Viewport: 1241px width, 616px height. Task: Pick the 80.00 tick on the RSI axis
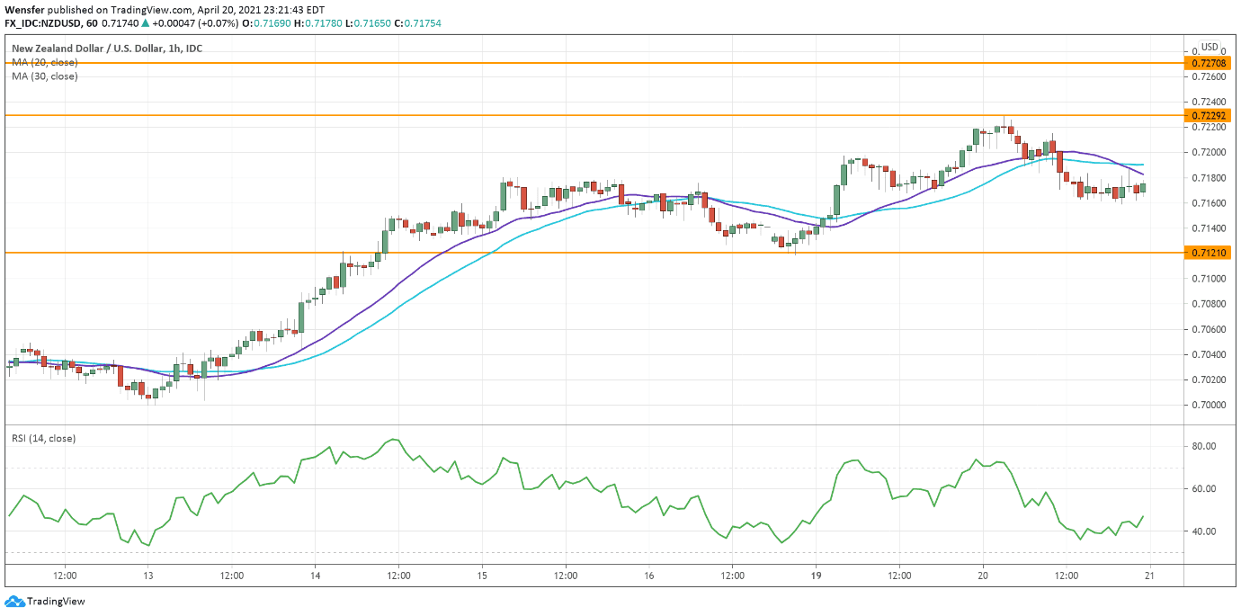pos(1204,446)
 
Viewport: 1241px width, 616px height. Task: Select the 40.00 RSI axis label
pos(1204,531)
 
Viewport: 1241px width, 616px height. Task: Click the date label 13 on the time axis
pos(148,576)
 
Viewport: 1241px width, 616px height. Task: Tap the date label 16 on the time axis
pos(648,576)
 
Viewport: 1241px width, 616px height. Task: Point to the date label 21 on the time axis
pos(1149,576)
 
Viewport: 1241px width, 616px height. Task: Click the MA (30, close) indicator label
pos(45,76)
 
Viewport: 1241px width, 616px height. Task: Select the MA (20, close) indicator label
pos(45,62)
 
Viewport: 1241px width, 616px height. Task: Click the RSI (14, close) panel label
pos(43,438)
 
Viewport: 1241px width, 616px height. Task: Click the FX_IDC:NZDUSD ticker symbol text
pos(45,22)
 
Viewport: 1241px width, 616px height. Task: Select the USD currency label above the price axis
pos(1210,48)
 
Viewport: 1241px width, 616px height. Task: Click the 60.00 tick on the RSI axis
pos(1204,489)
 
